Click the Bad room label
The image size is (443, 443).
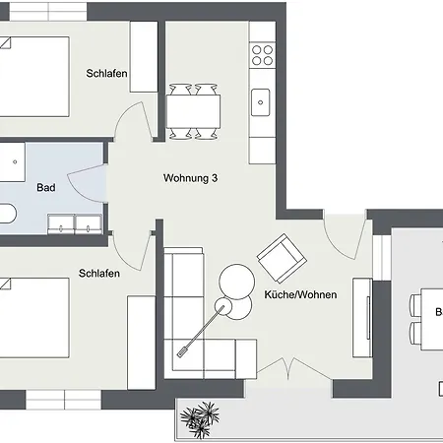click(45, 187)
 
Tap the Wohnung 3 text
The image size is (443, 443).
click(191, 178)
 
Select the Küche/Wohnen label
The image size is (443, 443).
click(300, 294)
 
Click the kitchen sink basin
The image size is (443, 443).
click(262, 100)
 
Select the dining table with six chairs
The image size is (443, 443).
click(192, 108)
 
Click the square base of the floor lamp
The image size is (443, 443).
click(182, 349)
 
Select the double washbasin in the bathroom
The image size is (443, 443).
click(74, 223)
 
